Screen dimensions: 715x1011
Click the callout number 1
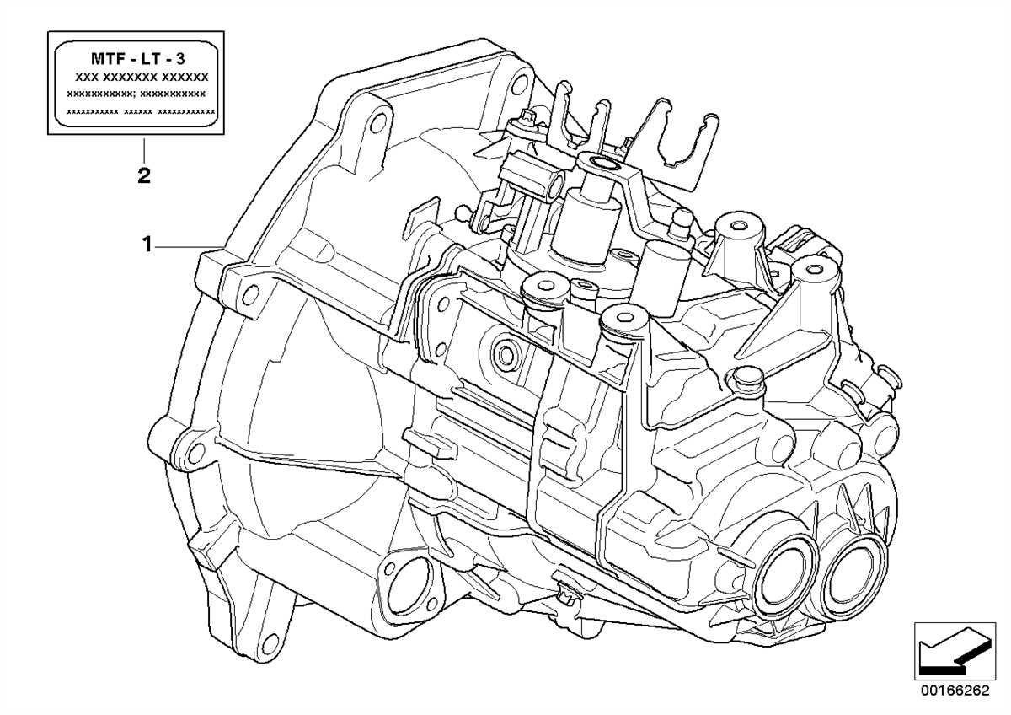[146, 245]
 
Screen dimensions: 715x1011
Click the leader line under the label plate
[143, 150]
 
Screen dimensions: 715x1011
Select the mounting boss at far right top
[811, 270]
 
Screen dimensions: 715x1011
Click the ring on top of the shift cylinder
[603, 163]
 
